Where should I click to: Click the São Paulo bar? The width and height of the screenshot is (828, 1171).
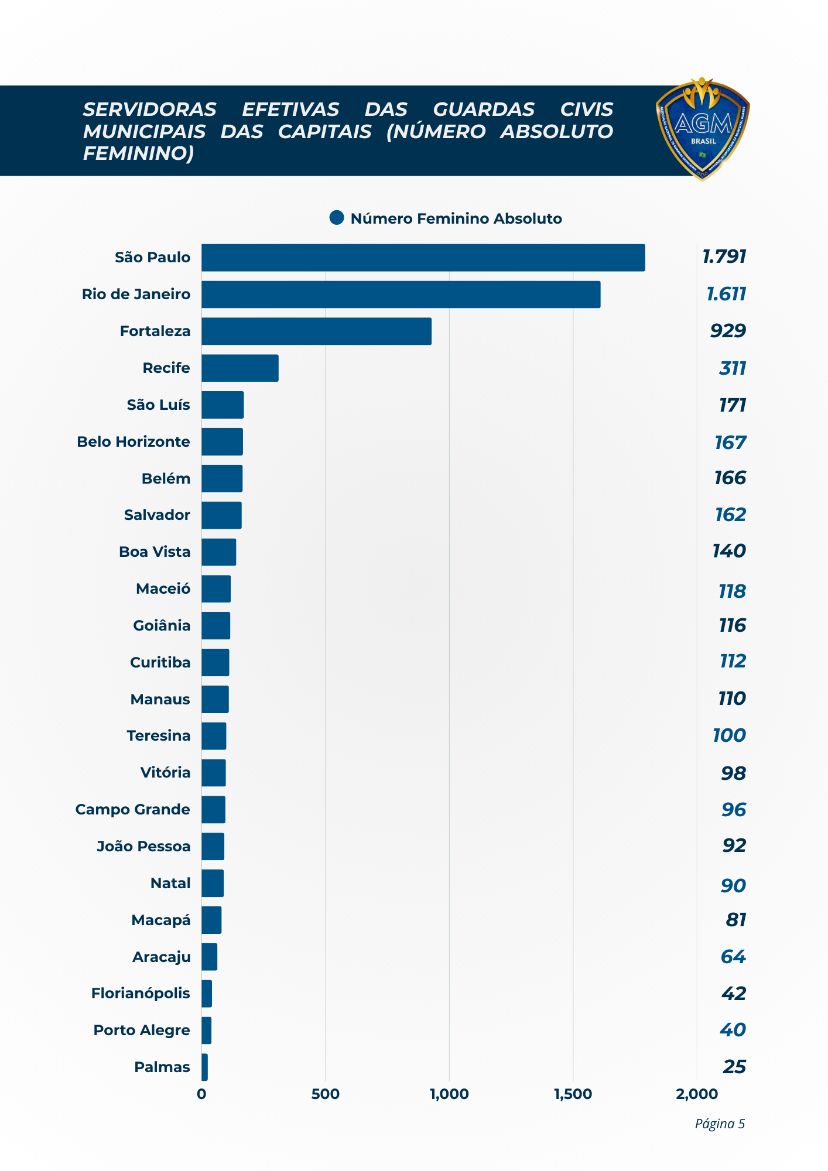(x=423, y=258)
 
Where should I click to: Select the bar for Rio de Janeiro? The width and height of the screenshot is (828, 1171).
(x=401, y=295)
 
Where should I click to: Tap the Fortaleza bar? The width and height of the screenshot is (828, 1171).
(x=316, y=331)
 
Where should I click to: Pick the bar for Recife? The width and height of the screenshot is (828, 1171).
(x=239, y=368)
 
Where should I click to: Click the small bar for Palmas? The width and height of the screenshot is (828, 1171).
(x=204, y=1067)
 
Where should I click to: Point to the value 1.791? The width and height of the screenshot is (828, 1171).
(x=724, y=256)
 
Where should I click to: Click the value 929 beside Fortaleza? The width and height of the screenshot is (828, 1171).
(x=728, y=331)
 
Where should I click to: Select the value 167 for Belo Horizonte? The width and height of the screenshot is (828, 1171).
(x=730, y=443)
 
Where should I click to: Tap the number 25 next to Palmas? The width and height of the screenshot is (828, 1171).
(x=734, y=1067)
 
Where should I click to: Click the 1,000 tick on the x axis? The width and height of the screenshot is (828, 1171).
(x=449, y=1094)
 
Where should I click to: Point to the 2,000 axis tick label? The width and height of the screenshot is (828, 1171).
(x=696, y=1094)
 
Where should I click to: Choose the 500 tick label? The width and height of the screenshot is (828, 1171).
(x=325, y=1094)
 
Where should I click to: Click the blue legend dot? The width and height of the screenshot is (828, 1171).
(x=337, y=218)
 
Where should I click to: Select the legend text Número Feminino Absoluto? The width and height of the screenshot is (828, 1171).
(x=456, y=218)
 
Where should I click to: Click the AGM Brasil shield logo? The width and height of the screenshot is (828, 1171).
(x=703, y=129)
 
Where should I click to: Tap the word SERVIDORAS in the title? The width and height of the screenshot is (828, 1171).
(x=149, y=109)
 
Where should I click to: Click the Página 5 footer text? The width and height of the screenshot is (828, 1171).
(x=719, y=1124)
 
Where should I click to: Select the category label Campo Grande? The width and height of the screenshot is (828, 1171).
(x=133, y=809)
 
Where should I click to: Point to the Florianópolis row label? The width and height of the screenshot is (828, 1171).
(x=141, y=993)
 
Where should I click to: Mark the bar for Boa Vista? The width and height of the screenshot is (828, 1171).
(x=218, y=552)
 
